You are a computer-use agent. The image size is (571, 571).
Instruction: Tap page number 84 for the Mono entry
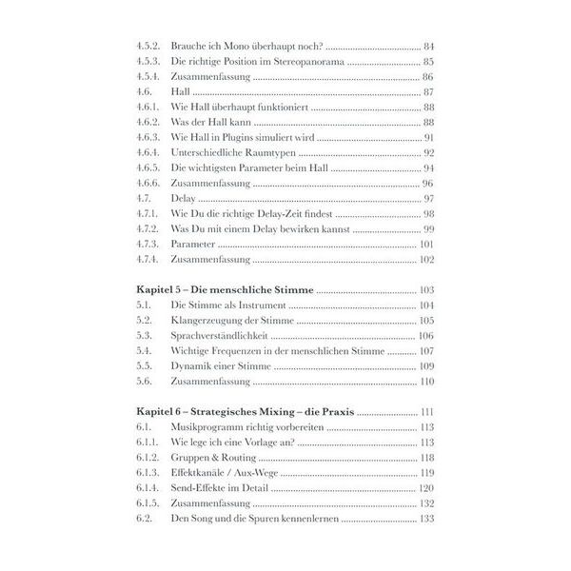coord(427,46)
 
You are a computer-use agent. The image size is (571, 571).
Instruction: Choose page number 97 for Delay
coord(427,198)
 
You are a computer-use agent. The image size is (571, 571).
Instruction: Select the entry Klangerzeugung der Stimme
coord(227,321)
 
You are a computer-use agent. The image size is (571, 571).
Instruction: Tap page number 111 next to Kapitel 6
coord(425,412)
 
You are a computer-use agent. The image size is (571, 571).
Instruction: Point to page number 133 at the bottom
coord(425,520)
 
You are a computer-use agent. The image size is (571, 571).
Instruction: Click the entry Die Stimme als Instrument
coord(227,305)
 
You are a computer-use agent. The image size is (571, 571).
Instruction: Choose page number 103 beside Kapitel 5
coord(425,288)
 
